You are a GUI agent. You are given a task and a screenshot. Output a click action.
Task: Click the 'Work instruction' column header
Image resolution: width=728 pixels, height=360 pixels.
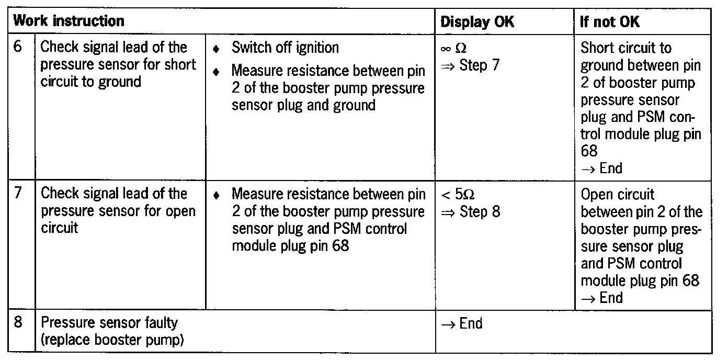pos(69,21)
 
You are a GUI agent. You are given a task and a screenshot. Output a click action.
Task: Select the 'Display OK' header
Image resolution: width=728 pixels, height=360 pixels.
pos(477,22)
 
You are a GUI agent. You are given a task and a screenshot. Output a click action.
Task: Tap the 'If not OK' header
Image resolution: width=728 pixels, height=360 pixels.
pos(610,22)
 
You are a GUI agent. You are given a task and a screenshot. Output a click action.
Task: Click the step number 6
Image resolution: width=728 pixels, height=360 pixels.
pos(19,47)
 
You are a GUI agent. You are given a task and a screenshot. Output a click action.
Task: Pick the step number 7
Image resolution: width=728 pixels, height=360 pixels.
pos(19,194)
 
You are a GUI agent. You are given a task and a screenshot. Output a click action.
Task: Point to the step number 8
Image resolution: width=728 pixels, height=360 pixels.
pos(19,322)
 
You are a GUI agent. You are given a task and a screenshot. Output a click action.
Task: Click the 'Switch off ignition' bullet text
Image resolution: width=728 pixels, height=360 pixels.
pos(285,48)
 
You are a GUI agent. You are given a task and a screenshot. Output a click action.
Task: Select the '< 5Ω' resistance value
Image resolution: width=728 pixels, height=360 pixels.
pos(458,195)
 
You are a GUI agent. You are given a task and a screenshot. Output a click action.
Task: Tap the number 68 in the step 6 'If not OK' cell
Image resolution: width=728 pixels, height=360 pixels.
pos(589,151)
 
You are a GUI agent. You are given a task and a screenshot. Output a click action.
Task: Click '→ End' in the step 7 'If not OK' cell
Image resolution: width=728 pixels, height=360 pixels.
pos(601,298)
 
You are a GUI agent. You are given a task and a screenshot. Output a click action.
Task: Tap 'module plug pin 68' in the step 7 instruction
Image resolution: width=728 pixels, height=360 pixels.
pos(290,245)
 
